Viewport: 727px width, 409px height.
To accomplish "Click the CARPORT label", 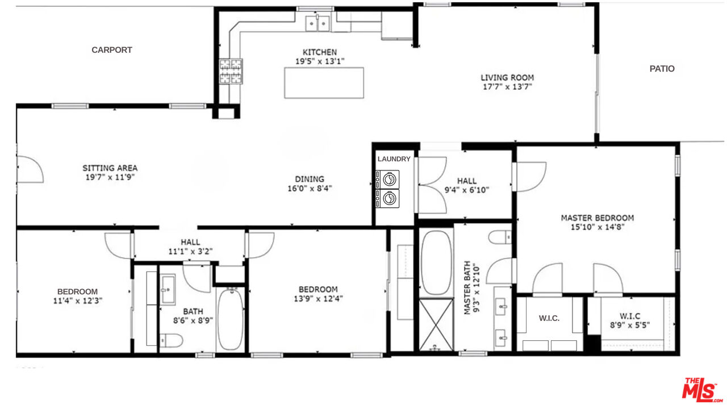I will [x=112, y=50].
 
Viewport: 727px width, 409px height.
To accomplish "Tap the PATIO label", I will [x=662, y=69].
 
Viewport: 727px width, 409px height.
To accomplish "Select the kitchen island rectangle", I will [x=324, y=83].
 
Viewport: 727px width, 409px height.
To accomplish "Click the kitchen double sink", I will [x=318, y=23].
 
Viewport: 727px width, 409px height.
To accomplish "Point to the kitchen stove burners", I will [x=231, y=72].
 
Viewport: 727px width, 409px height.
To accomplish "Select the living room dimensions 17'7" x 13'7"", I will [x=507, y=87].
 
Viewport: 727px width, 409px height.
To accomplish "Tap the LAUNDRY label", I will [x=394, y=159].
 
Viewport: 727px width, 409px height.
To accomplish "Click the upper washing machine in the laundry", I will [x=388, y=180].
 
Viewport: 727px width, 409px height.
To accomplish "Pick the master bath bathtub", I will [x=436, y=262].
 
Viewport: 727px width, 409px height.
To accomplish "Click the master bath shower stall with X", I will [x=436, y=324].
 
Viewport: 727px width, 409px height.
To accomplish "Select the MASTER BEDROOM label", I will [x=597, y=218].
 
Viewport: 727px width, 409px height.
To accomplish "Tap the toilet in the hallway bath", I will [x=171, y=341].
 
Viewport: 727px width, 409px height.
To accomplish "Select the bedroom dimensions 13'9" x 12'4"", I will [x=318, y=299].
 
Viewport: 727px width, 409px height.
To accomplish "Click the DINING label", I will [x=310, y=179].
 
